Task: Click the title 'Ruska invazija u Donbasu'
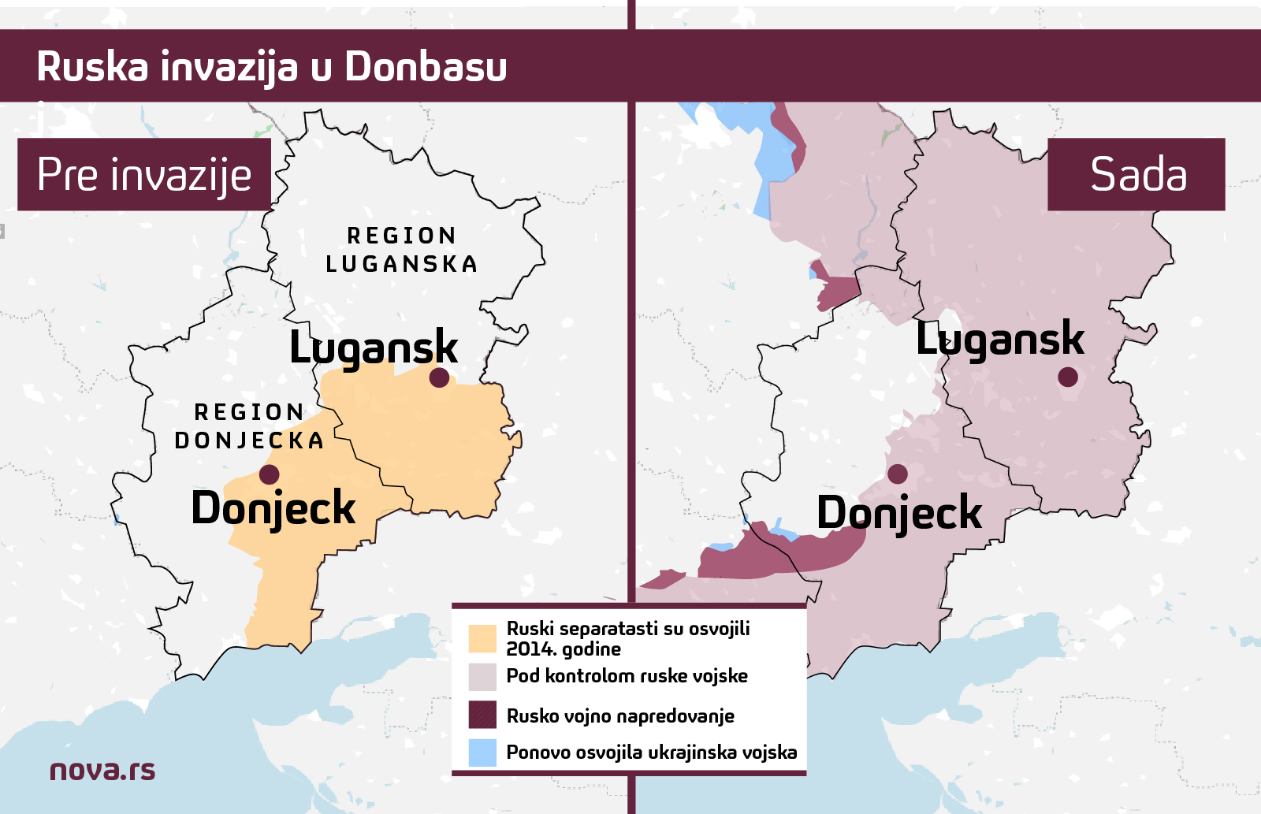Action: (x=272, y=66)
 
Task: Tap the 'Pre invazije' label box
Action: (x=144, y=174)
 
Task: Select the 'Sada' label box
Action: (x=1136, y=174)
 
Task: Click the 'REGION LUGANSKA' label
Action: (x=402, y=250)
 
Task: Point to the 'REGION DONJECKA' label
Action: (x=250, y=426)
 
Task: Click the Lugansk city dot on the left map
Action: (x=439, y=377)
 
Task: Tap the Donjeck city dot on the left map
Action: (x=269, y=474)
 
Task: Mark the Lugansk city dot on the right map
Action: (x=1068, y=377)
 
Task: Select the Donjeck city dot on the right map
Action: (x=898, y=474)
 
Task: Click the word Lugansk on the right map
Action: (x=999, y=339)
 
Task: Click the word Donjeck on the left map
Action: (x=273, y=508)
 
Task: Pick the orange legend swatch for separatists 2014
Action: (x=482, y=638)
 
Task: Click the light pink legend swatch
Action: (x=482, y=676)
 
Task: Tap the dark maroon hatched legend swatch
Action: (x=482, y=715)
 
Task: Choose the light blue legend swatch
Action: (x=482, y=753)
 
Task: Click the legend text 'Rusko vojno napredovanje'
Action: (x=620, y=716)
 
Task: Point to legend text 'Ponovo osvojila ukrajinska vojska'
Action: (x=651, y=753)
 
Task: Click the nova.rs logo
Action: (x=102, y=770)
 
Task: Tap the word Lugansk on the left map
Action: (x=374, y=348)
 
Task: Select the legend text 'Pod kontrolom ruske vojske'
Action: (x=627, y=676)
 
